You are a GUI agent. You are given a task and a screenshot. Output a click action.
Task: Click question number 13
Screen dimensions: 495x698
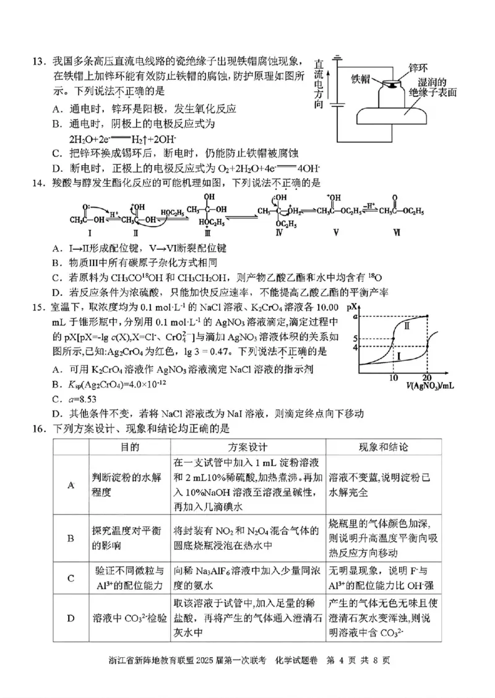pos(39,62)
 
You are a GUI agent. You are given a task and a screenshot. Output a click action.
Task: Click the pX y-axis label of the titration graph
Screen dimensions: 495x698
pos(353,307)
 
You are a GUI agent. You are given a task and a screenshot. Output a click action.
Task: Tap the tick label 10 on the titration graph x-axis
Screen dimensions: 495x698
pos(394,377)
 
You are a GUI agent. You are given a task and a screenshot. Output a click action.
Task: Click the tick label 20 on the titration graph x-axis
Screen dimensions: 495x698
pos(426,377)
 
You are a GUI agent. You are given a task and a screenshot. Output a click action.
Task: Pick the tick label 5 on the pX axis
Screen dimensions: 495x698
pos(355,339)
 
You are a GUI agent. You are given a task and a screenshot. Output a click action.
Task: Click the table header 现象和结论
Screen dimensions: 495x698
pos(384,446)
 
